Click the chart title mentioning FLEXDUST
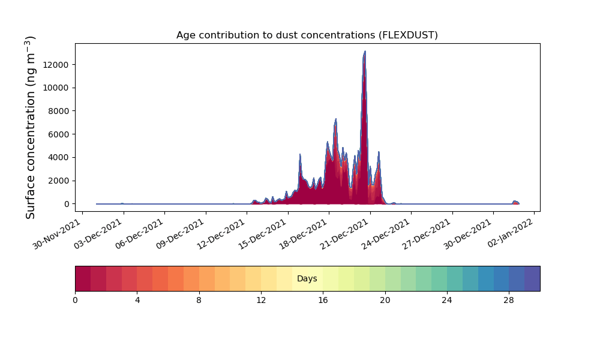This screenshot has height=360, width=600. click(307, 35)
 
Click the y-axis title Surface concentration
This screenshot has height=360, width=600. click(30, 127)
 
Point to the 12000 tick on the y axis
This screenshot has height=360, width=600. click(56, 65)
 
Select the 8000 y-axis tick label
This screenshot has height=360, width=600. click(58, 112)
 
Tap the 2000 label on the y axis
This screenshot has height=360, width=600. click(58, 181)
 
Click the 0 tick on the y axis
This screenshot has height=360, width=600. click(67, 204)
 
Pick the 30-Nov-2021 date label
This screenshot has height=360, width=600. click(57, 234)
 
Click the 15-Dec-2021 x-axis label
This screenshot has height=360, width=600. click(263, 234)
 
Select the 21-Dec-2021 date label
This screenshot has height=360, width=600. click(345, 234)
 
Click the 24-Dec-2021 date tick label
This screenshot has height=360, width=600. click(386, 234)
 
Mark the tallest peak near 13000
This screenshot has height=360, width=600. click(365, 51)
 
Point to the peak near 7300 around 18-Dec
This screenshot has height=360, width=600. click(335, 119)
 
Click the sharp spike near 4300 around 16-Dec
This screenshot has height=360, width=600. click(300, 154)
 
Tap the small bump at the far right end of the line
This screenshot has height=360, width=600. click(515, 201)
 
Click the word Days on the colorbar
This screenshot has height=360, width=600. click(307, 278)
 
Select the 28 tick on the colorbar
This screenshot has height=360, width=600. click(509, 301)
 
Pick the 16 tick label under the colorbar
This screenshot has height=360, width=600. click(323, 301)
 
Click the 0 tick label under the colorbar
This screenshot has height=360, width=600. click(75, 301)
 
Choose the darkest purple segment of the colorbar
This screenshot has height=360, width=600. click(532, 278)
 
